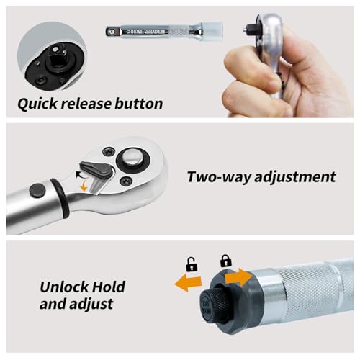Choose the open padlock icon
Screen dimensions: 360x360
coord(192,264)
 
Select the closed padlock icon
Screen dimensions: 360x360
coord(225,260)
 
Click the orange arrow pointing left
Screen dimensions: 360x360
coord(188,283)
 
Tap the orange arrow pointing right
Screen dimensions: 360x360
coord(238,276)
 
